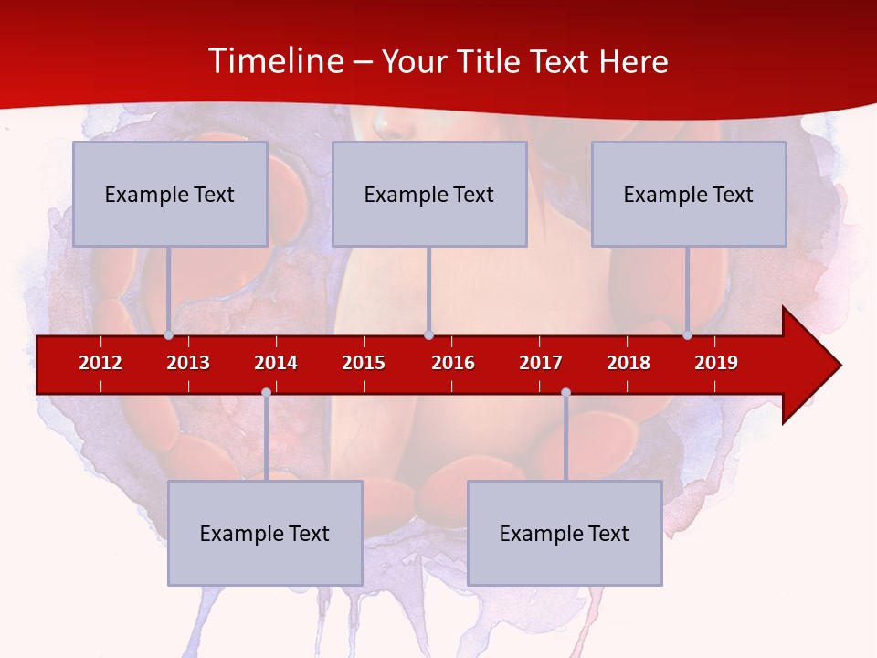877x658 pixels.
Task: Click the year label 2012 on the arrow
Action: point(100,363)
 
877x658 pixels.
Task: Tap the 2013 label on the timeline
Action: point(188,363)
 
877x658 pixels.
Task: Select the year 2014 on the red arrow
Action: point(276,363)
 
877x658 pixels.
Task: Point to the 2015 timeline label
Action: point(364,363)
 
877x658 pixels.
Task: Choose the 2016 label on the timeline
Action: point(453,363)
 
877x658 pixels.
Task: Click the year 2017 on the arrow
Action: point(541,363)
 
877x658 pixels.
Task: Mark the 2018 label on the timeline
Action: point(629,363)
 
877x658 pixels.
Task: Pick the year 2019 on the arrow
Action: point(716,363)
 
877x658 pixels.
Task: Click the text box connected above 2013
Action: point(170,194)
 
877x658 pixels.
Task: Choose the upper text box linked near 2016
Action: point(429,194)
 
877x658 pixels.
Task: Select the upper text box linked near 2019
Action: point(689,194)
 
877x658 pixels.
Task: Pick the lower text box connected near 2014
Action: point(265,533)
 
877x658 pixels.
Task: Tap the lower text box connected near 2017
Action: point(565,533)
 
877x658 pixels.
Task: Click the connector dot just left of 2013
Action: point(168,335)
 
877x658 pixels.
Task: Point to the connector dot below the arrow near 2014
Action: point(266,393)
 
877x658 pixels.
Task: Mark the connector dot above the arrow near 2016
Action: point(428,335)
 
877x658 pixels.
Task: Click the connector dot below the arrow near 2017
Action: point(565,393)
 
